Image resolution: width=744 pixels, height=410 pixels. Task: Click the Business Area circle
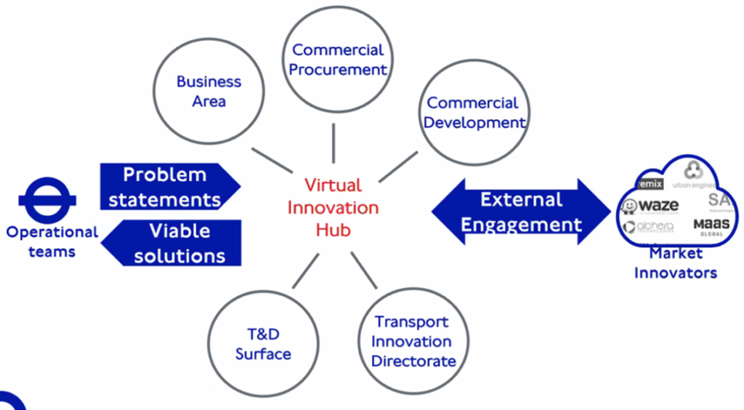point(209,92)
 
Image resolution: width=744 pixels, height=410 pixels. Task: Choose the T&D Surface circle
point(262,344)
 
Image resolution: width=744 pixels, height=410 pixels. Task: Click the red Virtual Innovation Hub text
point(333,207)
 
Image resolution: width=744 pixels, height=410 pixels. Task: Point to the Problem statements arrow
point(166,186)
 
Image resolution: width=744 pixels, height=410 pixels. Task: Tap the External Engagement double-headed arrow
point(521,212)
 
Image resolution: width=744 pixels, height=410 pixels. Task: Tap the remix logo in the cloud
point(649,184)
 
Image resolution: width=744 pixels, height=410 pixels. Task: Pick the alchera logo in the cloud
point(648,227)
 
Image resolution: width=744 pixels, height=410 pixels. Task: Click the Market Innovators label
point(675,263)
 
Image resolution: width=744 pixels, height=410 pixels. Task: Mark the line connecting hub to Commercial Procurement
point(333,142)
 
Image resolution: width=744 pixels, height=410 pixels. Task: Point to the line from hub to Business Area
point(271,159)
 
